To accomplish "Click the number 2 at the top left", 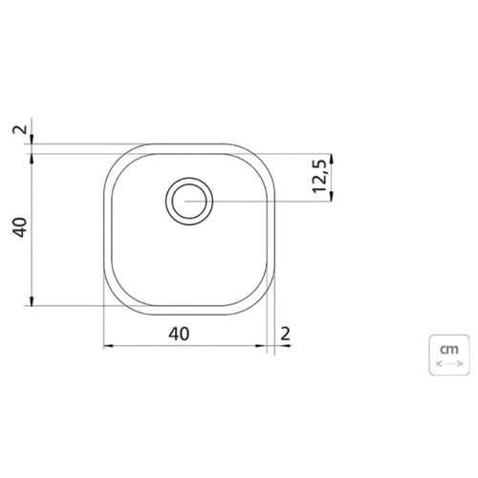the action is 20,130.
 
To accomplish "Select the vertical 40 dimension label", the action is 20,227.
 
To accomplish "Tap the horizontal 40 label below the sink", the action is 179,334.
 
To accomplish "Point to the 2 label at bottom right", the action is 285,334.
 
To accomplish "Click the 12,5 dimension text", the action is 320,176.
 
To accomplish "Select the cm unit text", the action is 449,350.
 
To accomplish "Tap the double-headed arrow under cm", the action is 449,363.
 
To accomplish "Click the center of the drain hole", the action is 189,201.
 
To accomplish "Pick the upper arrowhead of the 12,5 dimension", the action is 332,159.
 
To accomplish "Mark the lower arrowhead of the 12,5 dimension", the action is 332,196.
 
